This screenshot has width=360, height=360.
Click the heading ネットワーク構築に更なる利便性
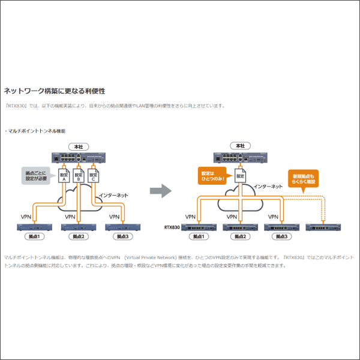pos(55,91)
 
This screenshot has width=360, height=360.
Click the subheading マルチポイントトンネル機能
pos(36,130)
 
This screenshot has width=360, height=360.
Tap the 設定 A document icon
pos(63,175)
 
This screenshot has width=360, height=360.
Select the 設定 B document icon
pos(78,175)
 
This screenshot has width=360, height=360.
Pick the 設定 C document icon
pos(93,175)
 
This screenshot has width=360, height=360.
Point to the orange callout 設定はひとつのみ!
pos(214,176)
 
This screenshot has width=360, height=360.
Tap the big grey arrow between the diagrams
pos(160,191)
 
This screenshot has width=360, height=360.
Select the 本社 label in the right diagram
pos(240,146)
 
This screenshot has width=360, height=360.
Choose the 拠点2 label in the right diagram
pos(239,238)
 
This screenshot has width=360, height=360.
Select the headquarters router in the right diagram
pos(240,157)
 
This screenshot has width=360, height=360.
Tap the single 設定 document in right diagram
pos(240,176)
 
